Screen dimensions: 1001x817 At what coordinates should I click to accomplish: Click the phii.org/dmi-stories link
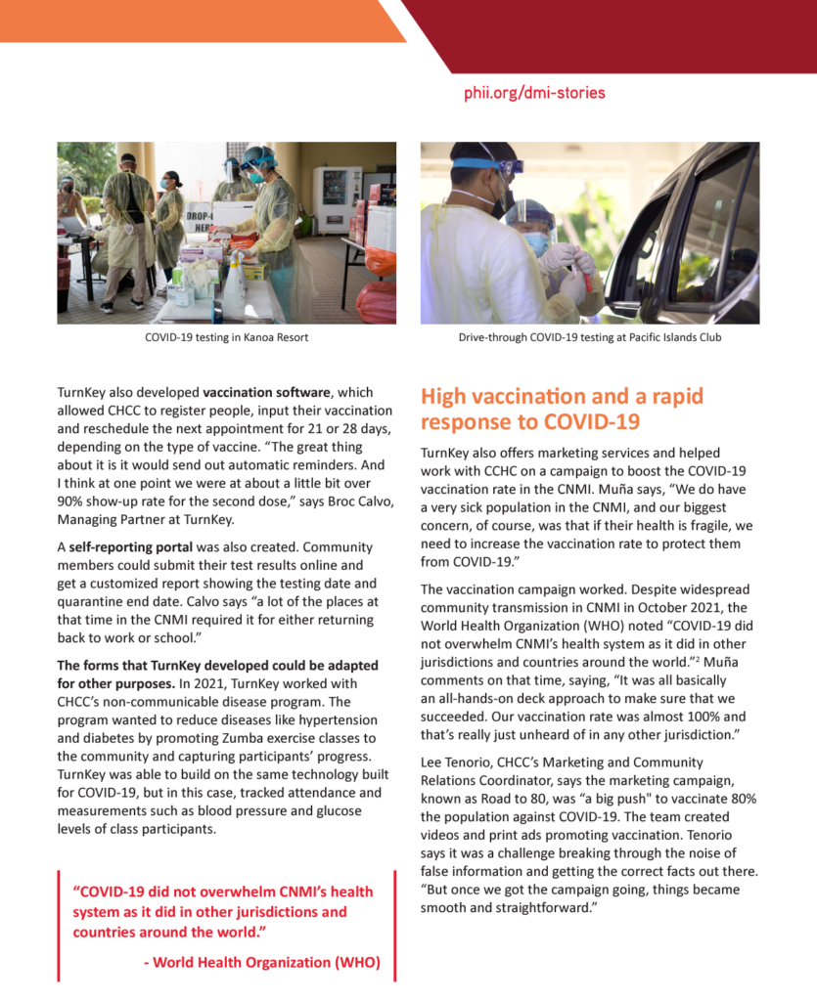pos(534,94)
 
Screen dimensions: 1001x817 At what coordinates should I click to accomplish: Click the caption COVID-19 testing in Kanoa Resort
pos(226,338)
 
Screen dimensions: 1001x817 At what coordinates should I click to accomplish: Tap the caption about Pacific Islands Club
pos(589,338)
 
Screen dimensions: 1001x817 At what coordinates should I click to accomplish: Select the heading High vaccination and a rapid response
pos(562,410)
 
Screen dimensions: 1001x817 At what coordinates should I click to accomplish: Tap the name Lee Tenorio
pos(457,762)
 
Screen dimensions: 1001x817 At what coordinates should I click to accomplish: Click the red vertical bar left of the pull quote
pos(59,925)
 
